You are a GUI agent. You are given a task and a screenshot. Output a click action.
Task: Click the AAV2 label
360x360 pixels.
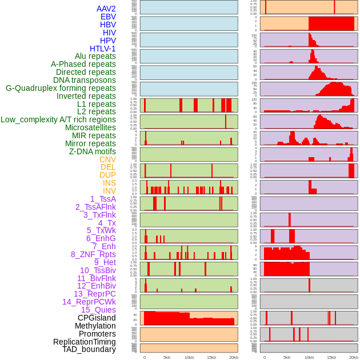click(106, 9)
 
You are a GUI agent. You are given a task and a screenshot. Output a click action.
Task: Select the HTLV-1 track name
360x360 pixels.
click(103, 49)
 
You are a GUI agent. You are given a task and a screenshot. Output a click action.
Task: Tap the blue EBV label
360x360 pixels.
click(108, 17)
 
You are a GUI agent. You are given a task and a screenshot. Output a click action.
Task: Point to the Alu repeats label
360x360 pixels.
click(95, 56)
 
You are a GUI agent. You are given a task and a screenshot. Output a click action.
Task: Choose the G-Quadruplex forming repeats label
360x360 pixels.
click(61, 88)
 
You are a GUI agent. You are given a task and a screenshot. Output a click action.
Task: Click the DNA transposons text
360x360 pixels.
click(85, 80)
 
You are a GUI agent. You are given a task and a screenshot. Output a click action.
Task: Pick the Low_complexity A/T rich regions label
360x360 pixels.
click(58, 119)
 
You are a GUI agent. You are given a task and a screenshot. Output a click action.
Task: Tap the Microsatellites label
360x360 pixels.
click(90, 127)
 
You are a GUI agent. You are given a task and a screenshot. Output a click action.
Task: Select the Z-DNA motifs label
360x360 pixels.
click(93, 151)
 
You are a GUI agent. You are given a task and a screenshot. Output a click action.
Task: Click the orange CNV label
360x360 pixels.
click(107, 159)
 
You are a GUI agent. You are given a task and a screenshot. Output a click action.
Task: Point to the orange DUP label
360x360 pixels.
click(107, 175)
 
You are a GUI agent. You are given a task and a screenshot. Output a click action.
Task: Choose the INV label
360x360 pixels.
click(109, 191)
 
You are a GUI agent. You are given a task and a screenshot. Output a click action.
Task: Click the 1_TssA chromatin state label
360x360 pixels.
click(103, 199)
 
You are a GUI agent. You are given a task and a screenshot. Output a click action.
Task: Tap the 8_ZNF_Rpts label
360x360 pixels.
click(93, 254)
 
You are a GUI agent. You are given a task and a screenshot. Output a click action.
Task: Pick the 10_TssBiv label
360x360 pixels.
click(98, 270)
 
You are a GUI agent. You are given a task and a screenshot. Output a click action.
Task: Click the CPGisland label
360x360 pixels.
click(97, 318)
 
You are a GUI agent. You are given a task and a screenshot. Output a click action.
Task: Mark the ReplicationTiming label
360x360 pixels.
click(85, 342)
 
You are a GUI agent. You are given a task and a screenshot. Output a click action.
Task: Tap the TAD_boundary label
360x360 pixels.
click(89, 349)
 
